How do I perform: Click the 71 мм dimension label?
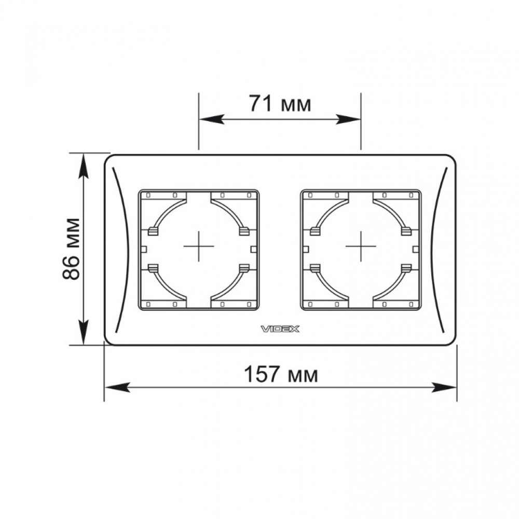click(280, 104)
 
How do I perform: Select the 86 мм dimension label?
click(71, 249)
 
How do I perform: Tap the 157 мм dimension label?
click(281, 374)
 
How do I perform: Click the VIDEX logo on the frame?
click(280, 329)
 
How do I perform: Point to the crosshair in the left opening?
click(199, 246)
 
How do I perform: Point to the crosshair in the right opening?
click(361, 246)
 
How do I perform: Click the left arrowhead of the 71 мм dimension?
click(212, 119)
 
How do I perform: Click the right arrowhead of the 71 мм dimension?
click(348, 119)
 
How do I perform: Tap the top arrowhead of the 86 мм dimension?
click(84, 166)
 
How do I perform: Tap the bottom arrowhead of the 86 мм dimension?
click(84, 332)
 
